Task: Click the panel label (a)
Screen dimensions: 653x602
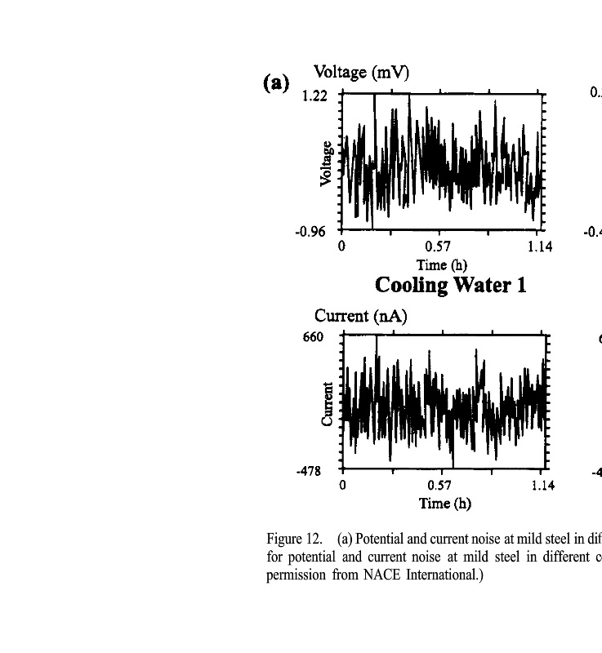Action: click(x=276, y=82)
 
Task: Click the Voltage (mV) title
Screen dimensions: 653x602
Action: click(x=361, y=72)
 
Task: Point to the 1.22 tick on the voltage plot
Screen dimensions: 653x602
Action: click(x=314, y=96)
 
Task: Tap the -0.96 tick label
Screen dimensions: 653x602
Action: click(x=310, y=231)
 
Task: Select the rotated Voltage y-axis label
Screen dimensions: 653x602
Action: click(x=327, y=163)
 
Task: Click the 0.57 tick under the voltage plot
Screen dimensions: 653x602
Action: click(x=438, y=247)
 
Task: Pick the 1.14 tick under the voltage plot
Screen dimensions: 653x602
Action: click(x=539, y=247)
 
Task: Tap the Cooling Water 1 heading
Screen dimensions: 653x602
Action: click(x=450, y=285)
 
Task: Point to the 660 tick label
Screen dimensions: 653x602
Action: click(x=314, y=337)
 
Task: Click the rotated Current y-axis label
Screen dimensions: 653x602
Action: click(x=328, y=404)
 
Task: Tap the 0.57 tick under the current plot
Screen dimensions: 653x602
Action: click(x=440, y=486)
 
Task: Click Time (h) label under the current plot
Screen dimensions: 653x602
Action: click(x=444, y=504)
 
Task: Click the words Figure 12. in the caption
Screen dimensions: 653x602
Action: click(x=293, y=540)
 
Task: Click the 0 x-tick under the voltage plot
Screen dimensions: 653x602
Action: click(x=341, y=247)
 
